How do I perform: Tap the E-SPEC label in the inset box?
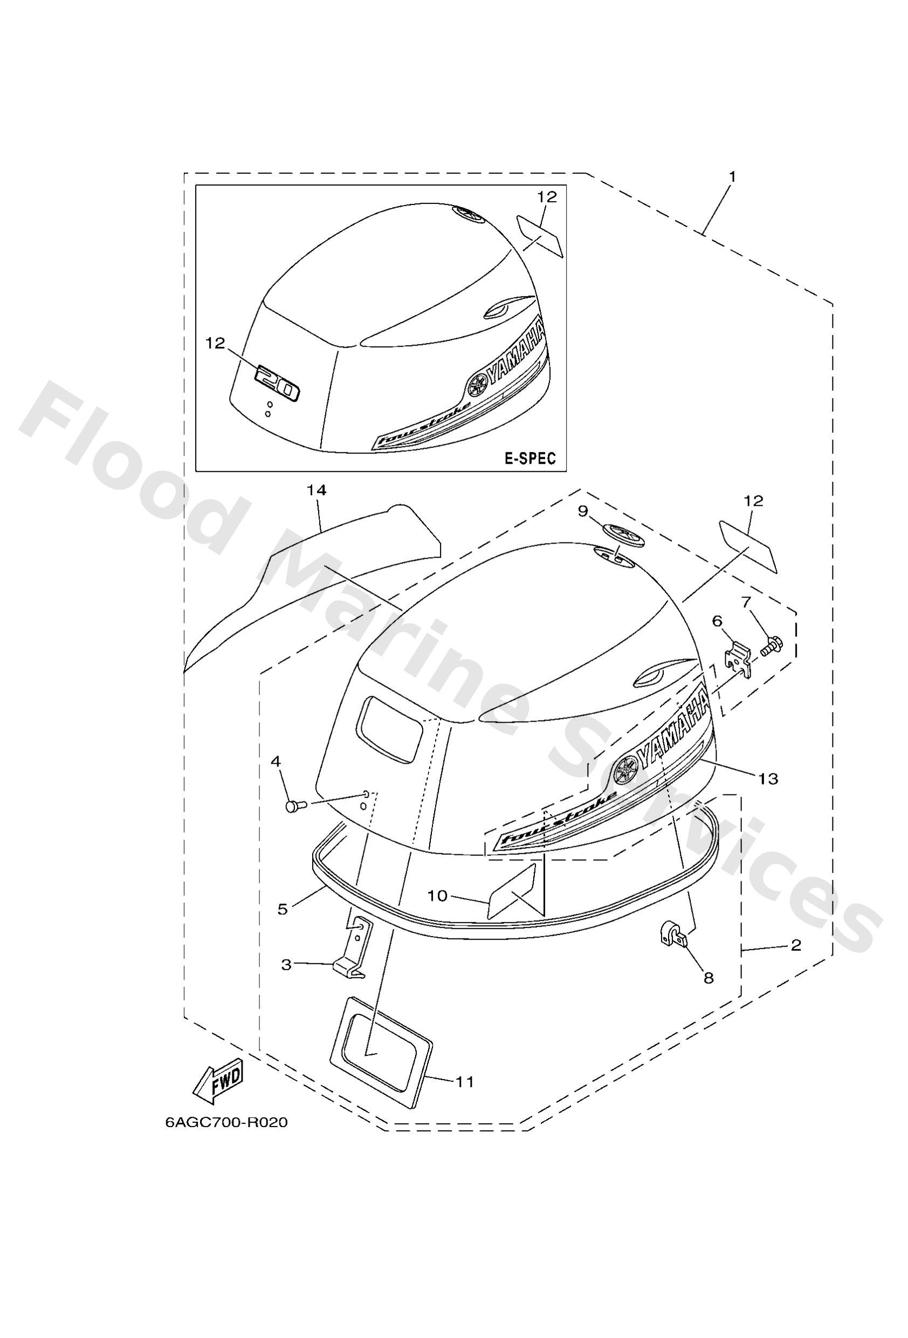[529, 458]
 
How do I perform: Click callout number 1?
[732, 177]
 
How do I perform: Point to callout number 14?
[316, 490]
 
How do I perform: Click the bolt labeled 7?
[769, 645]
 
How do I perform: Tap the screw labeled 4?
[294, 806]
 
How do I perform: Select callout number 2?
[796, 945]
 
